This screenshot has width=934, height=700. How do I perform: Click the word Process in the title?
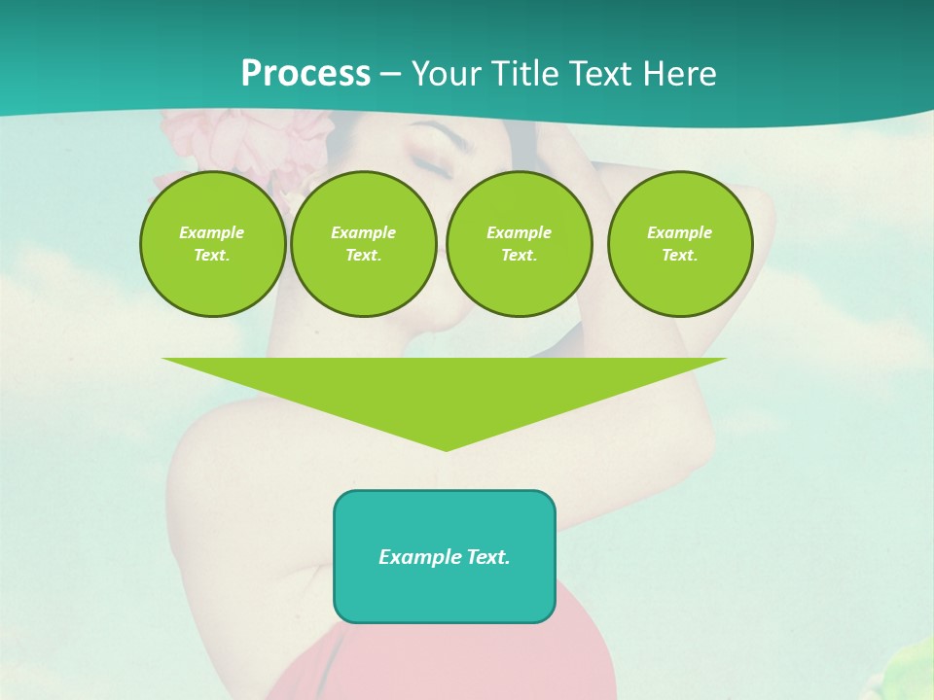click(305, 74)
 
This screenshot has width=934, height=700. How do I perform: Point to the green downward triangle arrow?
click(445, 389)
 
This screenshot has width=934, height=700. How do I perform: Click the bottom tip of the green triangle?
click(446, 448)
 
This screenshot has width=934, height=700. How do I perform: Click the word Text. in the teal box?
click(486, 557)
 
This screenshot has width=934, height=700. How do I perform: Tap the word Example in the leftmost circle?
click(212, 232)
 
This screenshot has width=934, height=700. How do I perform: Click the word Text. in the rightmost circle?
click(679, 255)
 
